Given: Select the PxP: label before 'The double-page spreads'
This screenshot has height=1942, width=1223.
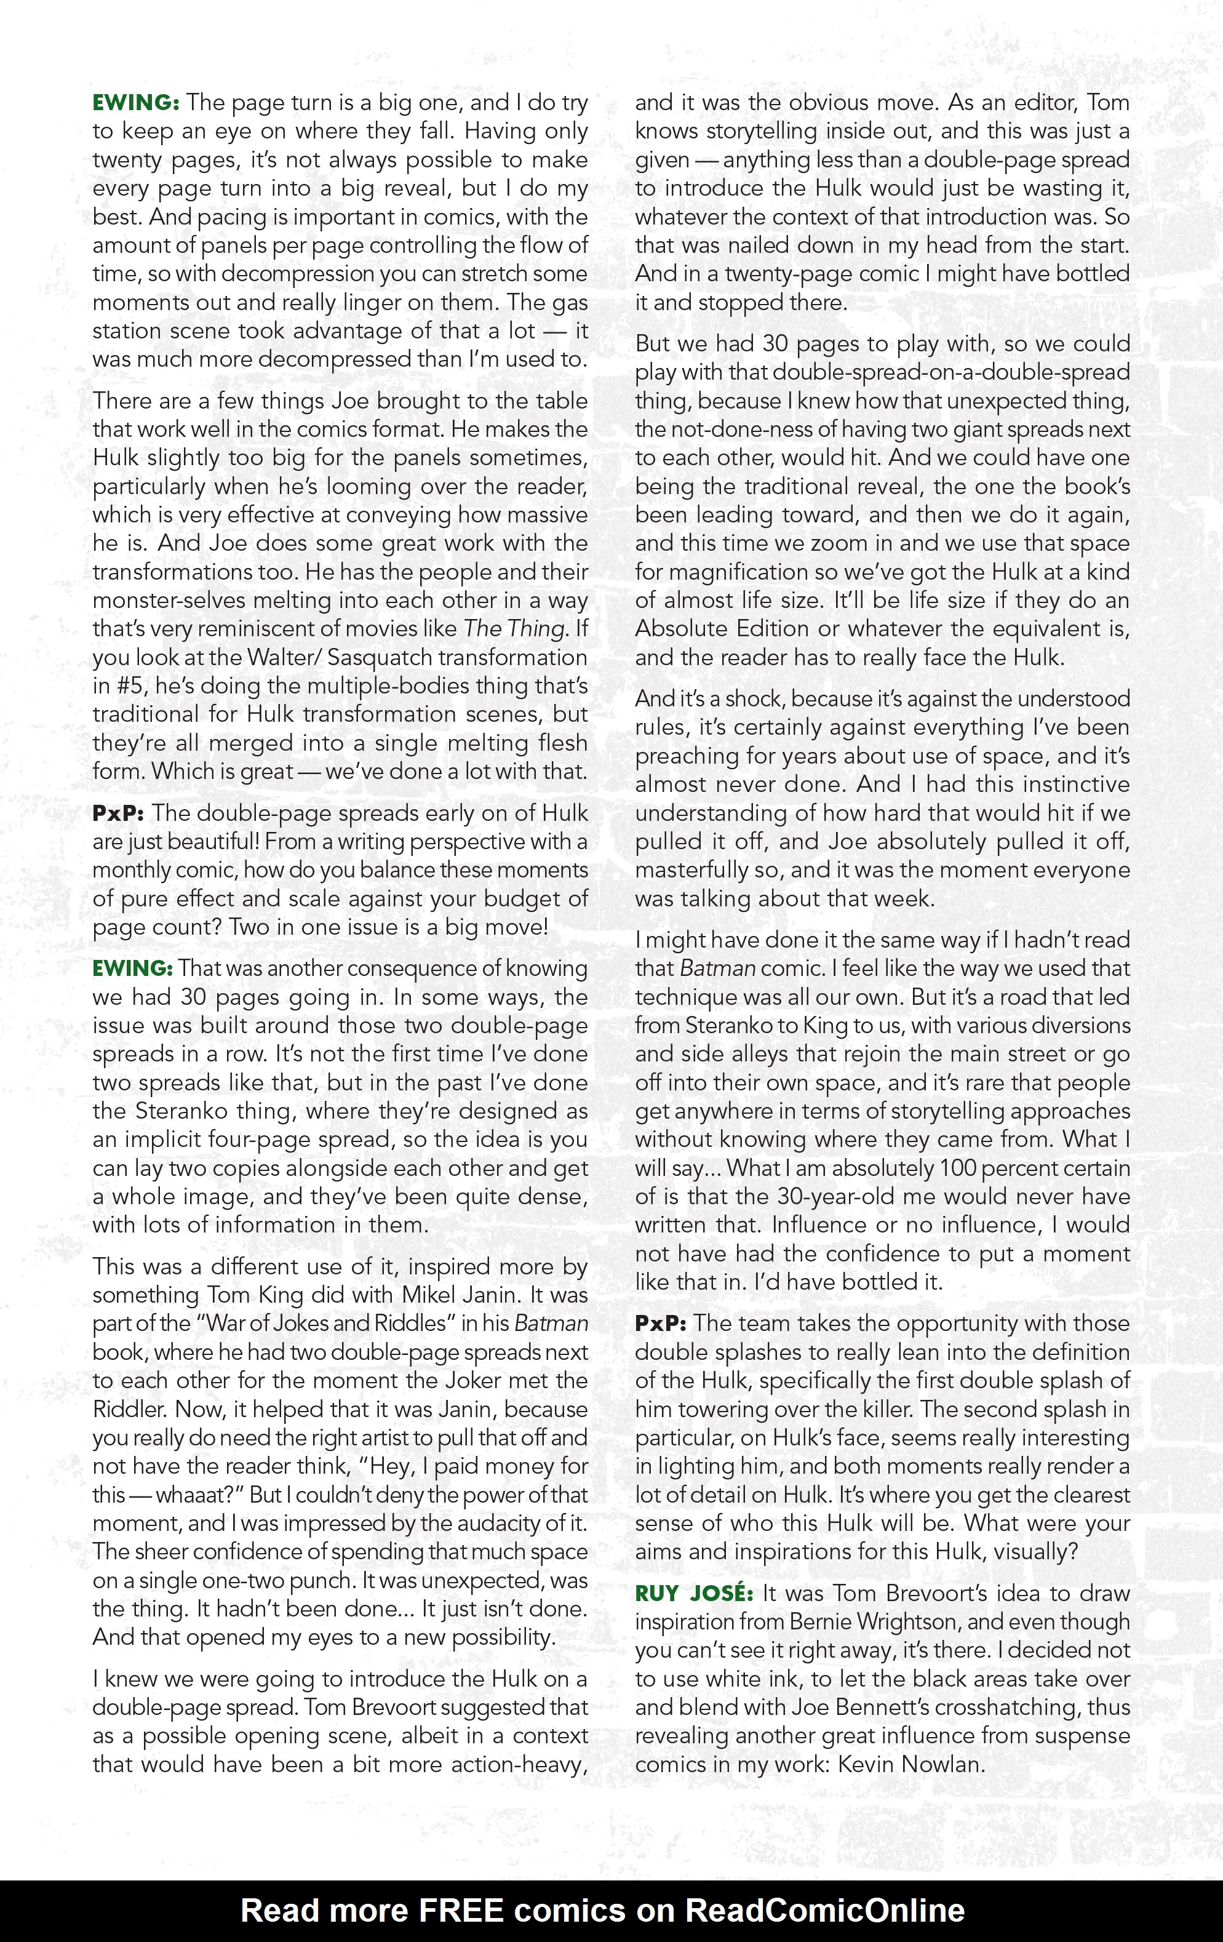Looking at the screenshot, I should click(118, 813).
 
